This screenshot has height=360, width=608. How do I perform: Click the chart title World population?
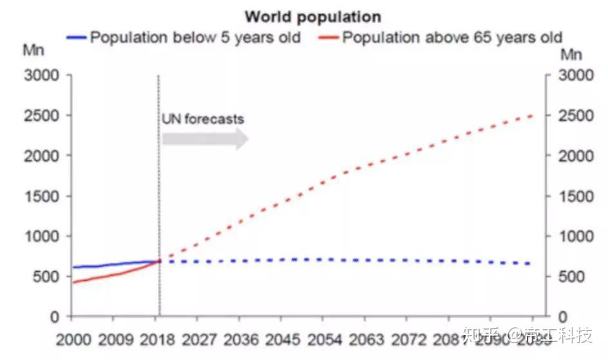pyautogui.click(x=312, y=16)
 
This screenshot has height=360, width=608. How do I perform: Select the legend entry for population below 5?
pyautogui.click(x=195, y=37)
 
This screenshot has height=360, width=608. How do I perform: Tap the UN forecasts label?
pyautogui.click(x=203, y=119)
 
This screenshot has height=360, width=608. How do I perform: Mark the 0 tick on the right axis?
pyautogui.click(x=562, y=317)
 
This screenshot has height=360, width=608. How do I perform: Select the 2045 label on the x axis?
pyautogui.click(x=283, y=339)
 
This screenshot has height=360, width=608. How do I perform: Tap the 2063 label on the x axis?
pyautogui.click(x=366, y=339)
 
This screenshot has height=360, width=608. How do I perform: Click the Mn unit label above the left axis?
pyautogui.click(x=33, y=50)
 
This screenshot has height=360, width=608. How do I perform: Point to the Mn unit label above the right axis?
pyautogui.click(x=571, y=54)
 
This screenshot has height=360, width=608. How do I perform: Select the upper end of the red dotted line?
pyautogui.click(x=532, y=116)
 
